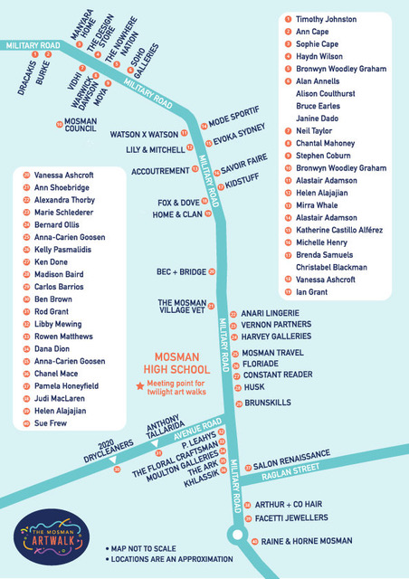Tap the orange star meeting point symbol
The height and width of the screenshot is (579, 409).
click(x=139, y=386)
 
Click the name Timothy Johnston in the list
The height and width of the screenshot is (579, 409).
click(x=328, y=18)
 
